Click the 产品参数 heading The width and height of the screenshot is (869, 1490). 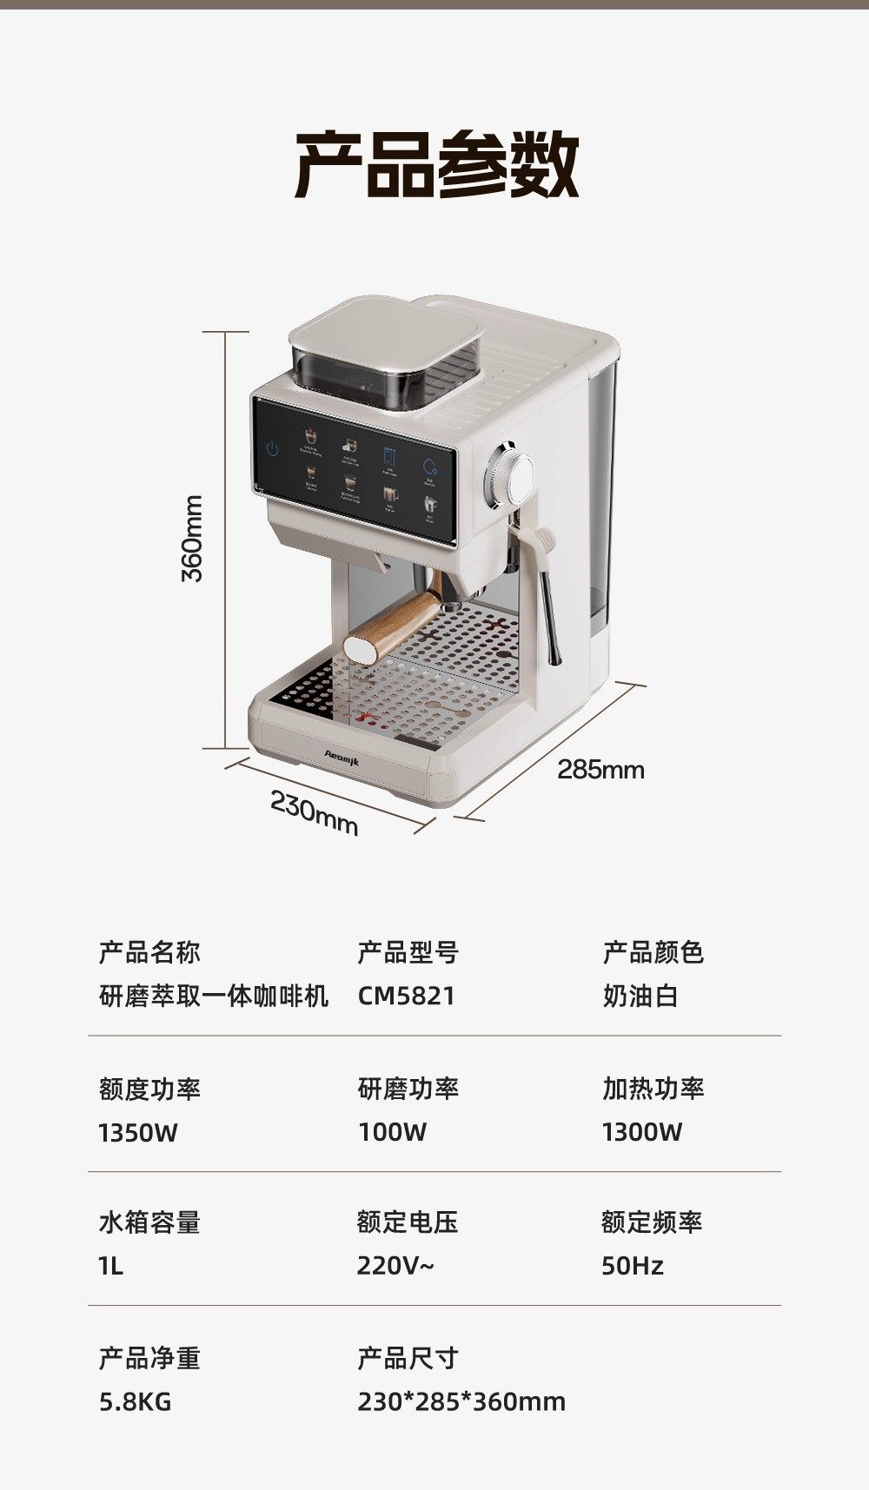(x=437, y=163)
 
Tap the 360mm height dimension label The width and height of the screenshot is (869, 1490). (x=193, y=539)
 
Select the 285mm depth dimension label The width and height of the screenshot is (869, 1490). (x=600, y=769)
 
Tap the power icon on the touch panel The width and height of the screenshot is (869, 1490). (x=272, y=449)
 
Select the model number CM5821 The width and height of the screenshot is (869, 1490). (x=406, y=996)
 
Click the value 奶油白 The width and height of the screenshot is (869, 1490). (x=640, y=996)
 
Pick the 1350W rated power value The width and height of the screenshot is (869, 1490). (x=137, y=1132)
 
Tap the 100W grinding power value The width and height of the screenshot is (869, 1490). (x=392, y=1132)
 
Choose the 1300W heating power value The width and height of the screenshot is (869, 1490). (x=641, y=1132)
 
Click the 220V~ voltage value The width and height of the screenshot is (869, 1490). (x=395, y=1266)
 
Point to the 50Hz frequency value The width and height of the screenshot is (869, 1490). (x=632, y=1266)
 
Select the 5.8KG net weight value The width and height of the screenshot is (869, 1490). (x=135, y=1401)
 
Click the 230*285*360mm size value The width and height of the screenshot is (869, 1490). (x=461, y=1401)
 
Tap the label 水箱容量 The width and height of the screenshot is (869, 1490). (x=149, y=1222)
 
